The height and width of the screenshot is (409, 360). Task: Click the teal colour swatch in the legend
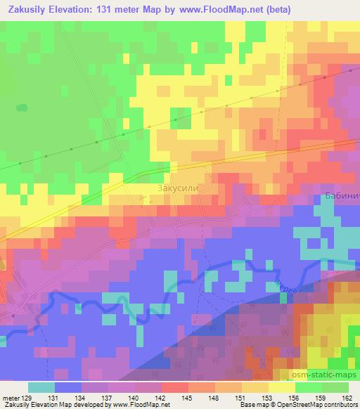tap(41, 387)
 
